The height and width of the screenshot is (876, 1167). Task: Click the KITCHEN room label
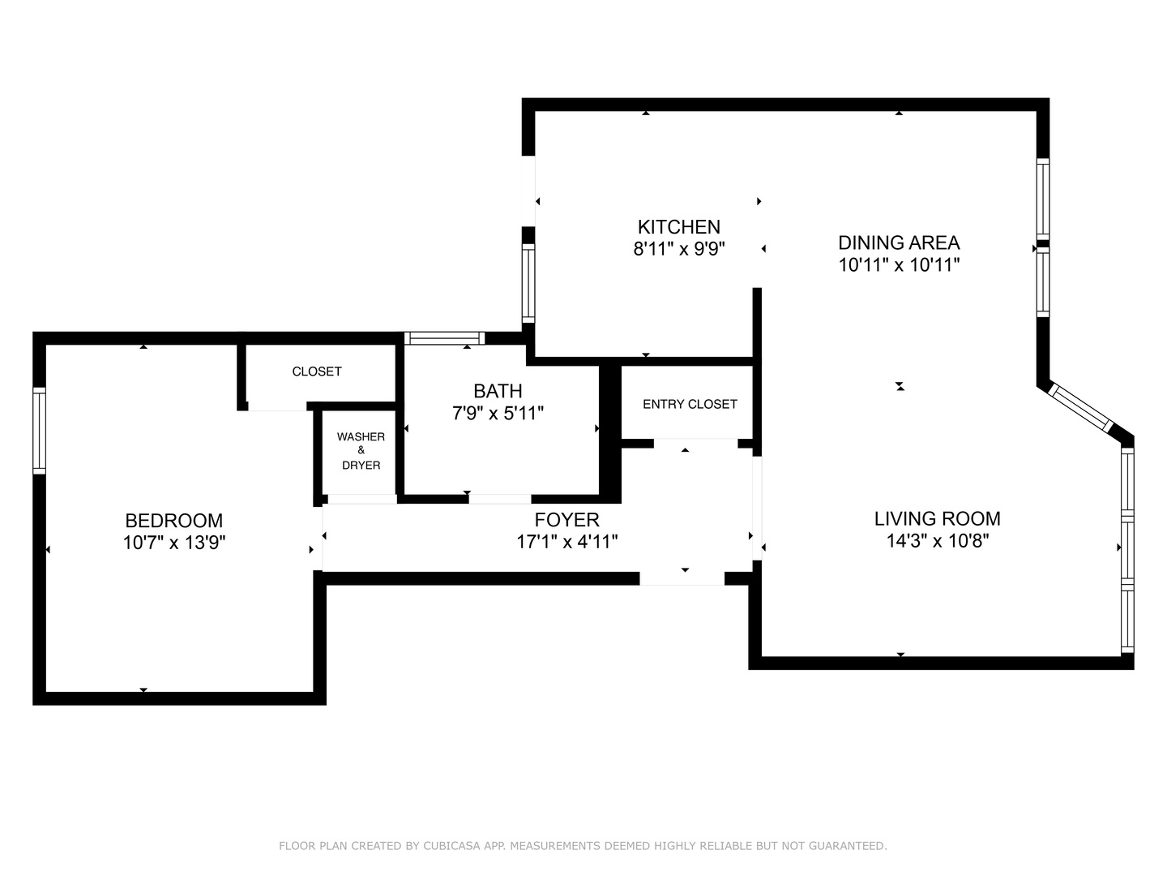pyautogui.click(x=678, y=227)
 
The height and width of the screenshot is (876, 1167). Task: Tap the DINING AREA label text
pyautogui.click(x=899, y=243)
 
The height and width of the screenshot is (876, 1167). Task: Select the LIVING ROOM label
pyautogui.click(x=937, y=519)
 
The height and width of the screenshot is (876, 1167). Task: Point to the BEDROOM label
pyautogui.click(x=173, y=521)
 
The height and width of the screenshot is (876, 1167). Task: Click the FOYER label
pyautogui.click(x=566, y=520)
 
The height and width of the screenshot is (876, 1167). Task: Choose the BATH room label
pyautogui.click(x=498, y=392)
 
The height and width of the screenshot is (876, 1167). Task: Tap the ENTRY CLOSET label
pyautogui.click(x=690, y=404)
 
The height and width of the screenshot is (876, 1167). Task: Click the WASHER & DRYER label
pyautogui.click(x=361, y=451)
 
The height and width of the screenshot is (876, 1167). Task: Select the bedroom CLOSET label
pyautogui.click(x=317, y=371)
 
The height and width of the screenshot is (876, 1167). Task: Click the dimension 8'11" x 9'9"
pyautogui.click(x=678, y=249)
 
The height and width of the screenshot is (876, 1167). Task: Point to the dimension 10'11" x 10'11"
pyautogui.click(x=899, y=264)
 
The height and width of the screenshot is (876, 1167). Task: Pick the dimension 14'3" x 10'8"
pyautogui.click(x=937, y=541)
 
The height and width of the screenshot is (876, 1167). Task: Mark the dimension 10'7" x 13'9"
pyautogui.click(x=173, y=543)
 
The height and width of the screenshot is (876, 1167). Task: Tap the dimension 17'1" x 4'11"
pyautogui.click(x=566, y=542)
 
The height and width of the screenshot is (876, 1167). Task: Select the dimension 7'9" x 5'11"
pyautogui.click(x=498, y=414)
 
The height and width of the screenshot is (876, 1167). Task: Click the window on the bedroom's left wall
pyautogui.click(x=39, y=431)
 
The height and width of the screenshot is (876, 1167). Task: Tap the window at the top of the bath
pyautogui.click(x=444, y=338)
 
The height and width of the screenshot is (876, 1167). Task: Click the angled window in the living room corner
pyautogui.click(x=1082, y=408)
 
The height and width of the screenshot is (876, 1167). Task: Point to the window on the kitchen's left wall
pyautogui.click(x=528, y=283)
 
